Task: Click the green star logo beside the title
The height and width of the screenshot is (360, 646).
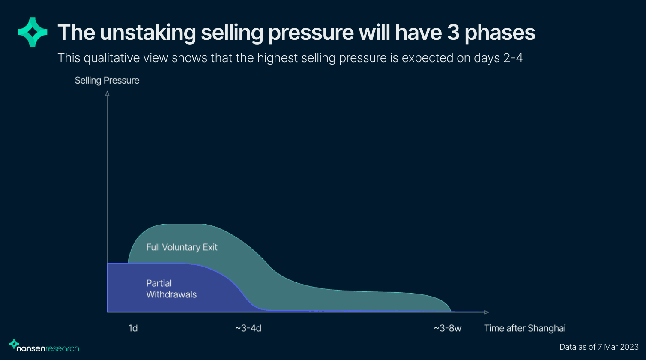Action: tap(32, 32)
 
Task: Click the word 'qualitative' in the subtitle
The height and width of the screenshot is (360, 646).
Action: tap(114, 58)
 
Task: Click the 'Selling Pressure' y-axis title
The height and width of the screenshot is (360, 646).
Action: tap(107, 80)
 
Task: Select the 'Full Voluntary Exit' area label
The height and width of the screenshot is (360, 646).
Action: tap(182, 247)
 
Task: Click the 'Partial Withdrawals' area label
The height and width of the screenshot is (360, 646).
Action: tap(171, 289)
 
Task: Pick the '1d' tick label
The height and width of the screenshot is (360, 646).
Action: tap(133, 329)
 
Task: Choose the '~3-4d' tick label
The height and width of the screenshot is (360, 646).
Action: tap(248, 329)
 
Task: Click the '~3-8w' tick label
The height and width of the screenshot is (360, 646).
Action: tap(448, 329)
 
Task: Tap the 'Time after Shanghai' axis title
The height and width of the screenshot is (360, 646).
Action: tap(525, 329)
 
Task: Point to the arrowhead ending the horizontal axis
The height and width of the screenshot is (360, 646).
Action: tap(486, 312)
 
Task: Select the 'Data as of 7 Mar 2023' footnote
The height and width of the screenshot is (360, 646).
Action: tap(599, 347)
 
